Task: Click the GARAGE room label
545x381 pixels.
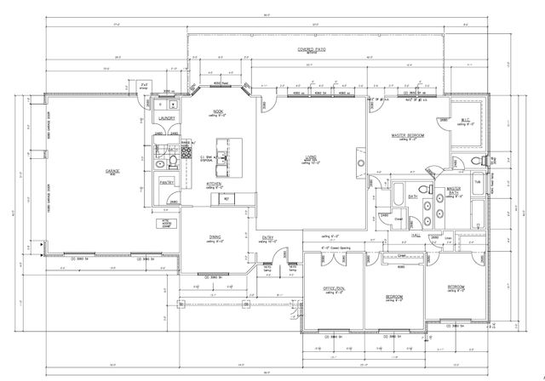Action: tap(112, 171)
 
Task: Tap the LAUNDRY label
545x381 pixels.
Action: tap(166, 119)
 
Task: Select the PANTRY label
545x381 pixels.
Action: tap(166, 181)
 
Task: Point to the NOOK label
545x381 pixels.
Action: tap(217, 111)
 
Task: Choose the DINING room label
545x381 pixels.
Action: tap(215, 237)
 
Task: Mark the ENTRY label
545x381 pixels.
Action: tap(268, 237)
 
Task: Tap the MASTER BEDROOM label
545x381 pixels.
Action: tap(409, 135)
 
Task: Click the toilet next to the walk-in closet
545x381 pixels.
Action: tap(474, 160)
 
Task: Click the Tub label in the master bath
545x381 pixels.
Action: tap(477, 181)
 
